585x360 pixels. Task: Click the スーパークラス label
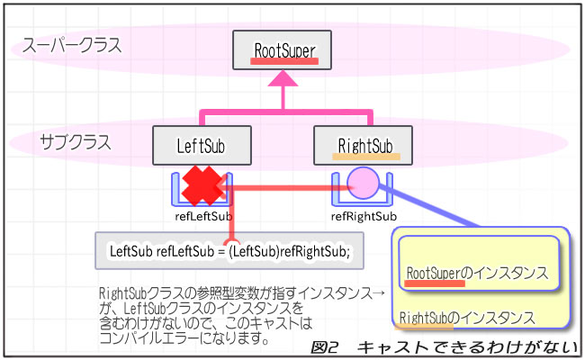(x=73, y=45)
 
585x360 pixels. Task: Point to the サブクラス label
(x=76, y=141)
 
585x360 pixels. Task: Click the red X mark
(x=202, y=186)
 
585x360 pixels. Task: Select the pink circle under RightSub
(x=364, y=183)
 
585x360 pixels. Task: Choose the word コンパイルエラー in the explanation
(x=144, y=340)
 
